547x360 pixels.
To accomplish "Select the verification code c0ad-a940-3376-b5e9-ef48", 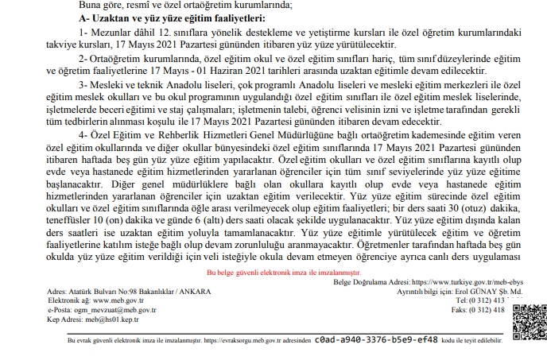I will pos(377,339).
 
